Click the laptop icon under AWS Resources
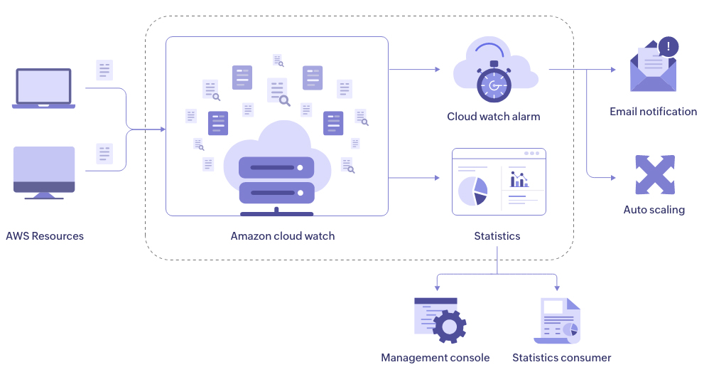(x=43, y=88)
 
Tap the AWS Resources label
(x=45, y=236)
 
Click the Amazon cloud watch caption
(x=283, y=236)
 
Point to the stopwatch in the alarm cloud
(x=493, y=85)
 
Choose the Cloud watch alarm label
(x=494, y=117)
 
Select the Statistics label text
(x=497, y=236)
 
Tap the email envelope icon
(x=653, y=70)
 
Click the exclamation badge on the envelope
(x=669, y=48)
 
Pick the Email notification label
(x=654, y=112)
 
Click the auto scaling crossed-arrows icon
(x=654, y=175)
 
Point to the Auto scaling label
(x=654, y=210)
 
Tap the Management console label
(x=435, y=358)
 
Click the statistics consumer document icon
(x=557, y=321)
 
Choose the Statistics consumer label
(x=562, y=358)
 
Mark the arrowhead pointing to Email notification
(x=613, y=70)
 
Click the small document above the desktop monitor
(x=105, y=154)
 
